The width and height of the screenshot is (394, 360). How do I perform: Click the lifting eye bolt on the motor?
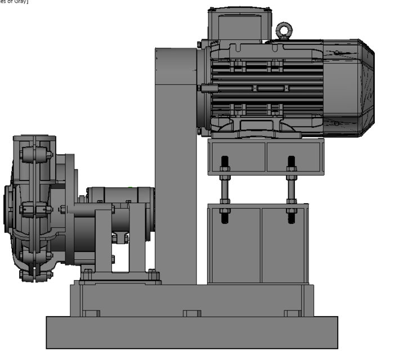click(x=283, y=29)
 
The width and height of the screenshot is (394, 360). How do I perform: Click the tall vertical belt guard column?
click(x=176, y=169)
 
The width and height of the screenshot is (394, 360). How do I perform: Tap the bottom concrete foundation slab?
click(x=191, y=332)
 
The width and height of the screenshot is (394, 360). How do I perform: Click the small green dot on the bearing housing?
click(x=130, y=188)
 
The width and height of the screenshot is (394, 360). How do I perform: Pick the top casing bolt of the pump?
click(x=35, y=154)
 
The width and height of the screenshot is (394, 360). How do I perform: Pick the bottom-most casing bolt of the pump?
click(x=35, y=274)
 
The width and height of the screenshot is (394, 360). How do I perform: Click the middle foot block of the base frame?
click(x=191, y=313)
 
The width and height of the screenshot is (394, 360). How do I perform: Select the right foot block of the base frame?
click(x=292, y=313)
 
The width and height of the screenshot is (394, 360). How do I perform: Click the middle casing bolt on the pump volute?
click(x=35, y=209)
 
